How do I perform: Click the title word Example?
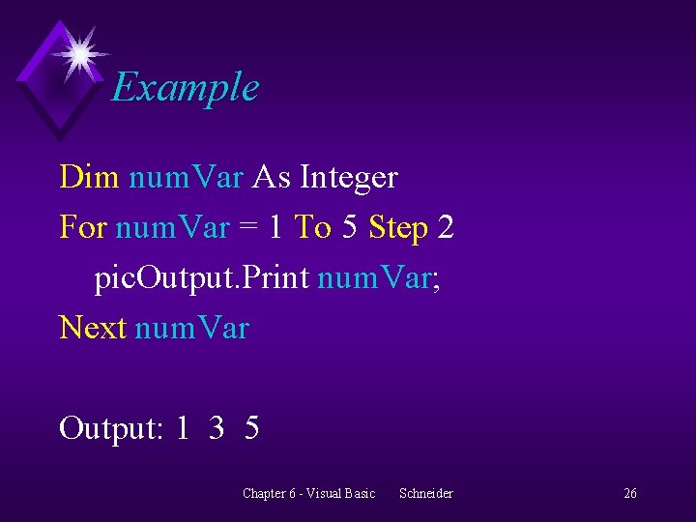click(185, 88)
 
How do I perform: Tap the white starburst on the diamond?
click(79, 52)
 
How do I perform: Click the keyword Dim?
click(89, 177)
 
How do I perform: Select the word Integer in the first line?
click(348, 178)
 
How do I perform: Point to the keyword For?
click(83, 227)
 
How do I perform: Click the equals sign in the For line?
click(248, 228)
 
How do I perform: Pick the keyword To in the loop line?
click(312, 227)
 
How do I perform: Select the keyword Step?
click(398, 229)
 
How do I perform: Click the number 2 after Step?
click(446, 227)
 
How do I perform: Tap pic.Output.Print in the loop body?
click(201, 278)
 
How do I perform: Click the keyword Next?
click(93, 328)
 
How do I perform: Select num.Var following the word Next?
click(191, 329)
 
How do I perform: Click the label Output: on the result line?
click(110, 427)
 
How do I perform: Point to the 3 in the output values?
click(217, 427)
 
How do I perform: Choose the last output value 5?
click(252, 427)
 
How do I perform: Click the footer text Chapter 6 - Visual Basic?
click(308, 493)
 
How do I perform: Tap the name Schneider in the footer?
click(425, 493)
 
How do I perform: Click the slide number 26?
click(630, 493)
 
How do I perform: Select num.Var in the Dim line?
click(186, 178)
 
